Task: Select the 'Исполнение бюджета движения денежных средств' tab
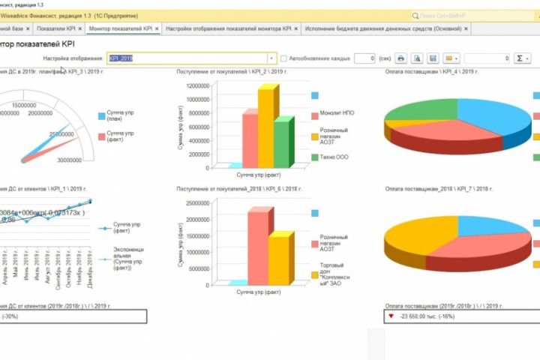tap(382, 28)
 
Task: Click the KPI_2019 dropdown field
tap(192, 58)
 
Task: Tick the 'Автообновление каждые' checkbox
tap(283, 58)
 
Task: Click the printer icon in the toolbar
tap(401, 58)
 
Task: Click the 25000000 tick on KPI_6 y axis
tap(193, 202)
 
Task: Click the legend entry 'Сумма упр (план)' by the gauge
tap(121, 115)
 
